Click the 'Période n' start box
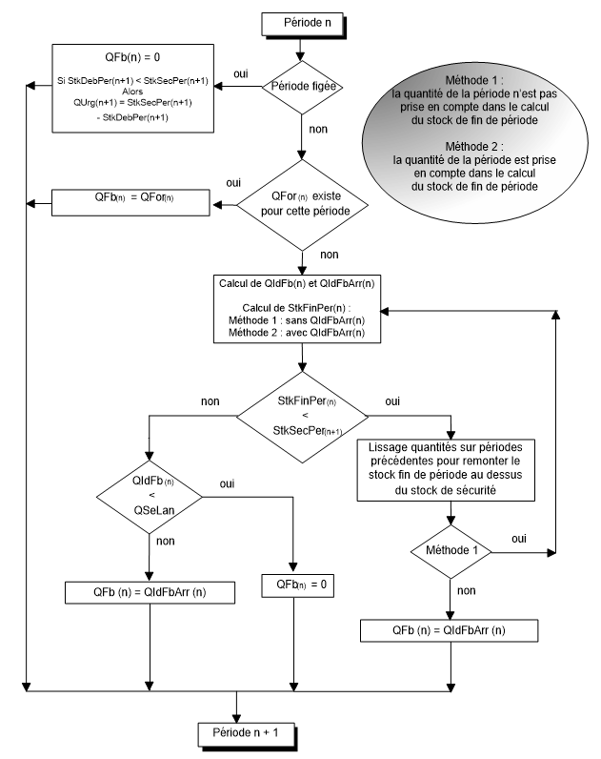(301, 21)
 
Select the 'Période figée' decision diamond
(301, 87)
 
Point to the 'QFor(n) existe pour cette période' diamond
(301, 202)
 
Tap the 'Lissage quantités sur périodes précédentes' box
(448, 468)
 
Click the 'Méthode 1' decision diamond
(450, 552)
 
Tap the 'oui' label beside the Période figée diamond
(243, 73)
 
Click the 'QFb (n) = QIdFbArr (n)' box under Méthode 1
(450, 630)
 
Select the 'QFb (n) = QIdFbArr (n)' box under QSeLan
(149, 591)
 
